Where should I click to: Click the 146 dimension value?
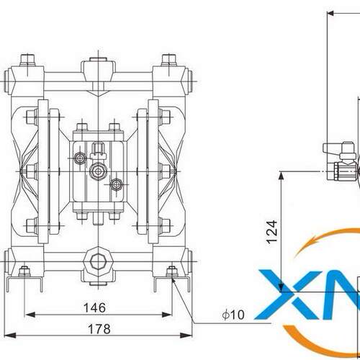94,307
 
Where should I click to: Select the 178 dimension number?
99,329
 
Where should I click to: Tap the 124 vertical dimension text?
272,232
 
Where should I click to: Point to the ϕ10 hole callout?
233,315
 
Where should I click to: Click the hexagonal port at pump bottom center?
98,261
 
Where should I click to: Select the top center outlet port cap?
98,60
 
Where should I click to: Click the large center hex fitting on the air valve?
98,171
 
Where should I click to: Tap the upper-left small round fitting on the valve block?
79,158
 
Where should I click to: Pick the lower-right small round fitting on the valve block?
117,184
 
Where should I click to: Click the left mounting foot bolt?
24,271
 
